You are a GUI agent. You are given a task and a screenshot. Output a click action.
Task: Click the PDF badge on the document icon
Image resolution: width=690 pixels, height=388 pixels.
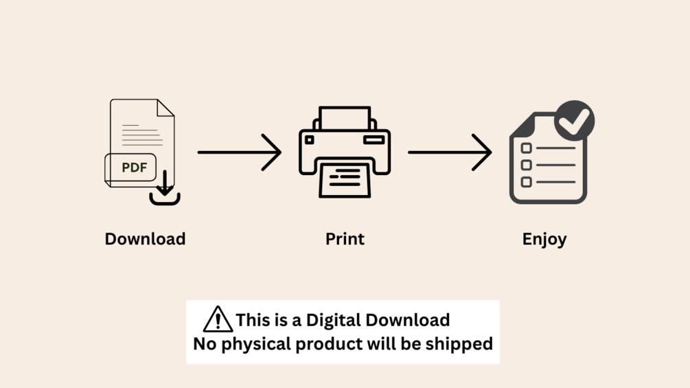pos(131,168)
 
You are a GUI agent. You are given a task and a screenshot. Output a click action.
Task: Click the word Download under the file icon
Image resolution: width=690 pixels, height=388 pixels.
pos(145,239)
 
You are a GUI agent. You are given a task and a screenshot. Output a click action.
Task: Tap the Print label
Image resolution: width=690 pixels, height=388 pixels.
pos(345,239)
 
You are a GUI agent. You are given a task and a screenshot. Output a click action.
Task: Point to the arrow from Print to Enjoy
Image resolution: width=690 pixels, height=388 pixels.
pos(450,152)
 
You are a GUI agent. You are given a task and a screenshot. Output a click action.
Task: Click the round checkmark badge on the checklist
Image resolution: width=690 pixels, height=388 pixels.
pos(574,121)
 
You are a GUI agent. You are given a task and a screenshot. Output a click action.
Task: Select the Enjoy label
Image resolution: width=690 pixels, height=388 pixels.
pos(544,239)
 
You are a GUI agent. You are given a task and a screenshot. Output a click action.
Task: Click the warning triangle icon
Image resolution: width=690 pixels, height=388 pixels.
pos(218,320)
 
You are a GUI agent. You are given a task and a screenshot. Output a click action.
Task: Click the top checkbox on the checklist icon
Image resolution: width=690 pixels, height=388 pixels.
pos(527,148)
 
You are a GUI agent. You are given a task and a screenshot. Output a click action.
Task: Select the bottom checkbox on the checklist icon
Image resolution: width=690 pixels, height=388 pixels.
pos(527,182)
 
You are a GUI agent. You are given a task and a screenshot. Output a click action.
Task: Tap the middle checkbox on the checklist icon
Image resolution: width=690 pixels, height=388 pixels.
pos(527,165)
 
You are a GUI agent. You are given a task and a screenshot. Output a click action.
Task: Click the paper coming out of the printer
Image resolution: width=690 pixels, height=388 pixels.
pos(345,180)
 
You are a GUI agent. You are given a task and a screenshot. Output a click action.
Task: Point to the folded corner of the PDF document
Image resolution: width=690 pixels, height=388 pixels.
pos(165,108)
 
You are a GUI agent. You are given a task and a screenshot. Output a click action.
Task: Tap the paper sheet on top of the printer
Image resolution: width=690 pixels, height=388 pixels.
pos(345,117)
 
